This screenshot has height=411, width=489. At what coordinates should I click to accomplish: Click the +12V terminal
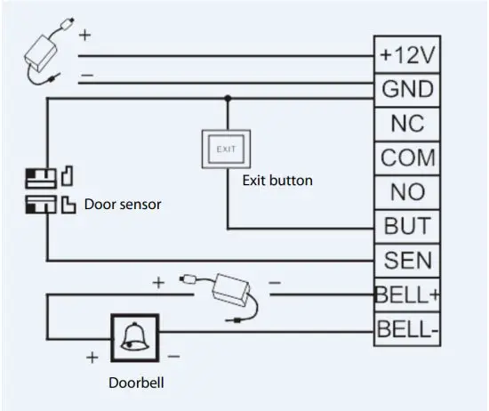pyautogui.click(x=406, y=55)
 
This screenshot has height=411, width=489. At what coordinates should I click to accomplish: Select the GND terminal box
pyautogui.click(x=406, y=89)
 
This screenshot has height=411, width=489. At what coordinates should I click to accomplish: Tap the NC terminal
pyautogui.click(x=406, y=123)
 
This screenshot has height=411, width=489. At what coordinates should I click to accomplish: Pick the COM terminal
pyautogui.click(x=406, y=157)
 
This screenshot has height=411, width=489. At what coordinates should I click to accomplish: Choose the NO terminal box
pyautogui.click(x=406, y=191)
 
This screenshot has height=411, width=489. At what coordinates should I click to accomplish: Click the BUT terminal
pyautogui.click(x=406, y=225)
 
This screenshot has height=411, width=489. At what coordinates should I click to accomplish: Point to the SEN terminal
pyautogui.click(x=406, y=259)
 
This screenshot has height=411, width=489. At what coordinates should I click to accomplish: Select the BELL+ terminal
pyautogui.click(x=406, y=294)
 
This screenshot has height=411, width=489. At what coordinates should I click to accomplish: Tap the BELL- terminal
pyautogui.click(x=406, y=329)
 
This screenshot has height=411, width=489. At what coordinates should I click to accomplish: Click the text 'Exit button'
pyautogui.click(x=277, y=181)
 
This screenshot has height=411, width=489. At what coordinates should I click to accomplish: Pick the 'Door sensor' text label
pyautogui.click(x=123, y=205)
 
